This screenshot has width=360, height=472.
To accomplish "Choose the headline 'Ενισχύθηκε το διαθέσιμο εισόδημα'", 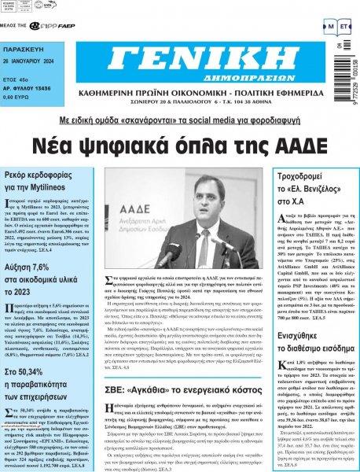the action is tap(310, 316).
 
